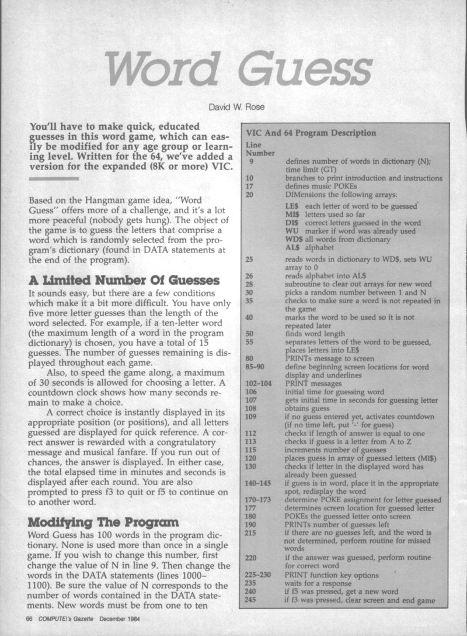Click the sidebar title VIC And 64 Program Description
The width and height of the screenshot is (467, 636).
pyautogui.click(x=311, y=133)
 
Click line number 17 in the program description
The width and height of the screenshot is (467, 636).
pyautogui.click(x=250, y=186)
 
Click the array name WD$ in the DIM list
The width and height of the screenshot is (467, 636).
pyautogui.click(x=294, y=239)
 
